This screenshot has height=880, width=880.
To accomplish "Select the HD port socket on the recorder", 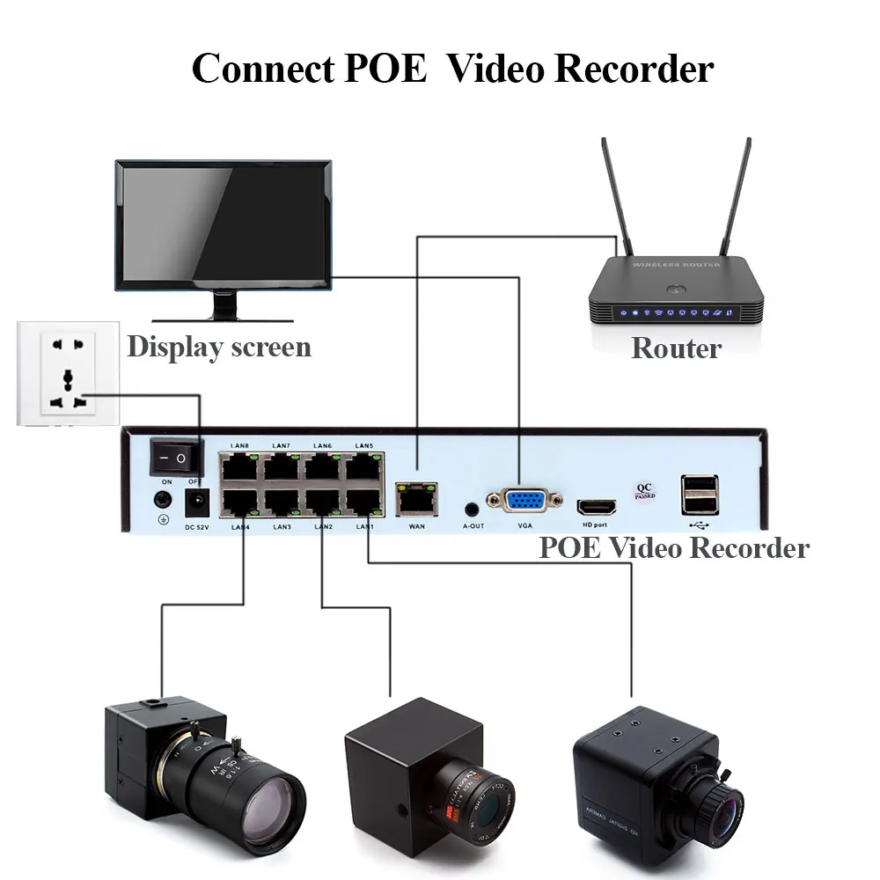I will pyautogui.click(x=596, y=507).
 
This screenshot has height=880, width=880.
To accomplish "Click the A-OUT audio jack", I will pyautogui.click(x=473, y=508).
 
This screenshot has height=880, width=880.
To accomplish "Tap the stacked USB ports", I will pyautogui.click(x=699, y=495).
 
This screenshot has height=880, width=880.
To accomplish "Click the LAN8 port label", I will pyautogui.click(x=238, y=446).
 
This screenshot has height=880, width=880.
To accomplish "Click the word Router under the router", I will pyautogui.click(x=676, y=348).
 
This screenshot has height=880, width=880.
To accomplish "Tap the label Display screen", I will pyautogui.click(x=219, y=347).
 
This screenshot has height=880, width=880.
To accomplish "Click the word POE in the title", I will pyautogui.click(x=386, y=69).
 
